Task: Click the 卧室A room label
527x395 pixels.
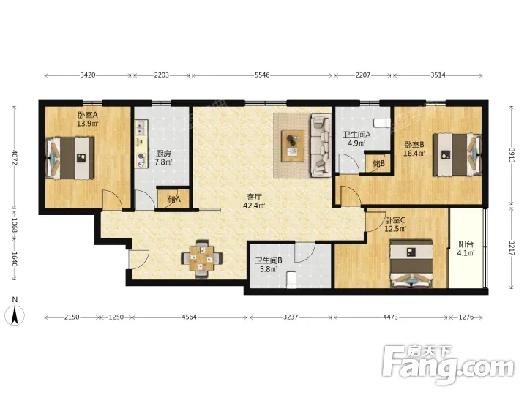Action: (x=88, y=115)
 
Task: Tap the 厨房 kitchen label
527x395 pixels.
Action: (x=163, y=154)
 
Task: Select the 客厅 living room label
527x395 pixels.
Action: (x=254, y=197)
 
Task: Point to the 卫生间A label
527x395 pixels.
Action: (x=356, y=135)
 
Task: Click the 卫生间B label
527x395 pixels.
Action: (x=269, y=260)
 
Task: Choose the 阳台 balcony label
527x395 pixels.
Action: (x=466, y=244)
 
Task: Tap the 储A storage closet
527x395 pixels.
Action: (x=173, y=200)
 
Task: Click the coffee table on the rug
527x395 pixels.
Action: (x=293, y=146)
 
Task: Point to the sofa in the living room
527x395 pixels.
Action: (x=320, y=145)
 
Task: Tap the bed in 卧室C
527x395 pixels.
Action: (x=411, y=263)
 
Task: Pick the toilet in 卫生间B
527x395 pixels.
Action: (x=291, y=280)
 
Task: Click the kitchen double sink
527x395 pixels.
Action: (x=141, y=128)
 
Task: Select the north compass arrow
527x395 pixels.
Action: (x=15, y=316)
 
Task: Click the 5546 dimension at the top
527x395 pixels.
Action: (x=262, y=75)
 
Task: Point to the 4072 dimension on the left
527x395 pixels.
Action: (x=14, y=157)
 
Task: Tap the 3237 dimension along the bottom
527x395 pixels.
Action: (x=291, y=317)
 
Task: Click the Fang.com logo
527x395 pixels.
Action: (x=448, y=365)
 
